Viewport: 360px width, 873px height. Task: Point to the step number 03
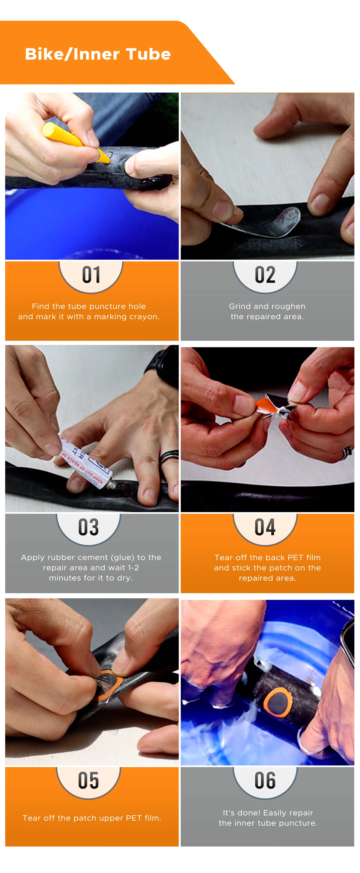tap(88, 527)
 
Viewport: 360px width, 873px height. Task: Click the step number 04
tap(265, 527)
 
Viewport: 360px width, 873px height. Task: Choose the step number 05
tap(88, 780)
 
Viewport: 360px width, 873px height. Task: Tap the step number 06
tap(265, 780)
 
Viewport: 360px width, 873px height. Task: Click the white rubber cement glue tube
tap(86, 464)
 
